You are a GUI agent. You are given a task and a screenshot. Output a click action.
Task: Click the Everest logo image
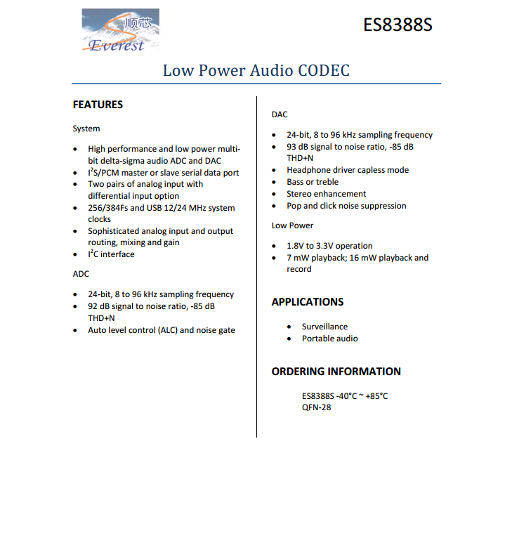(119, 31)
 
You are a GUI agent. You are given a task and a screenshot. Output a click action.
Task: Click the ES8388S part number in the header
(398, 25)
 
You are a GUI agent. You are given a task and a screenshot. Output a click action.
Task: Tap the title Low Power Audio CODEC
(256, 70)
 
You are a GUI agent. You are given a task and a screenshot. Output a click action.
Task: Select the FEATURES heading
(98, 105)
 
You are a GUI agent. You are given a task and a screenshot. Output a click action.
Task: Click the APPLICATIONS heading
(308, 302)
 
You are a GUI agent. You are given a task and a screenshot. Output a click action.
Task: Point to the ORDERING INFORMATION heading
(336, 372)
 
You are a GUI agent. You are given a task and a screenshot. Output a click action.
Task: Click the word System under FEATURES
(86, 129)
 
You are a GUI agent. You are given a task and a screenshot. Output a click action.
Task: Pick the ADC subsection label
(81, 274)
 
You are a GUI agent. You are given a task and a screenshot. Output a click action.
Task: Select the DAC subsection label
(280, 114)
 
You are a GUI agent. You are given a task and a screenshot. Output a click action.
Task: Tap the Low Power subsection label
(293, 225)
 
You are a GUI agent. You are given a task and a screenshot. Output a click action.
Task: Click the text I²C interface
(111, 254)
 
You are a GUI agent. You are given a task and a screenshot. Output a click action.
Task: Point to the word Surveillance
(324, 327)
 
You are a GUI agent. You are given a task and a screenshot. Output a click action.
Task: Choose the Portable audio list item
(329, 339)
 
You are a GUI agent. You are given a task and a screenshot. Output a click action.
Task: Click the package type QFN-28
(317, 407)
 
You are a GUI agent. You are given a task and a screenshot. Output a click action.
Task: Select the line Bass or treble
(313, 182)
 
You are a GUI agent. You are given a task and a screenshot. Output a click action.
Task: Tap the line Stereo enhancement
(326, 194)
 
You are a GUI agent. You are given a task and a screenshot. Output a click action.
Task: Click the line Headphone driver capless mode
(347, 170)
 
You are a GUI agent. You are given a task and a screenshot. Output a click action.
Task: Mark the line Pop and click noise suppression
(346, 206)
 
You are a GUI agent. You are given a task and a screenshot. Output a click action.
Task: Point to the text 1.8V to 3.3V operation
(329, 246)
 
